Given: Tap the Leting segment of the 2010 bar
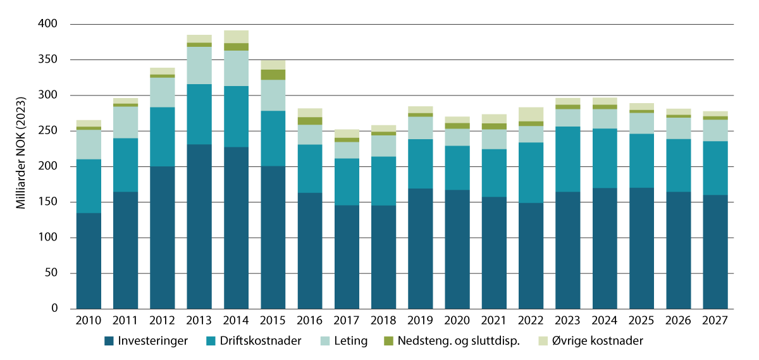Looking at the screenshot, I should pos(89,145).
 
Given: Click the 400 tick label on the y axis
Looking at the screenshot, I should pos(49,24).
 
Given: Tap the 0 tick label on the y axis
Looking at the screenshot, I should pos(54,309).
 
